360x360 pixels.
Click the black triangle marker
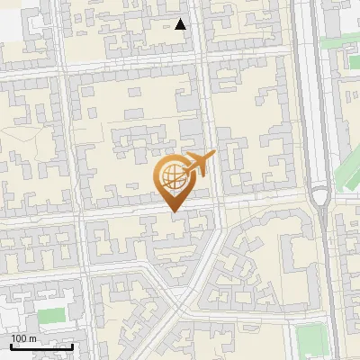point(181,24)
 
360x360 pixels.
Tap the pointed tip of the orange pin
point(175,211)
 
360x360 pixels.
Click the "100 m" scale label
point(24,337)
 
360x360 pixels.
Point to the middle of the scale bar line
point(41,346)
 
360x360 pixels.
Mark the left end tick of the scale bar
point(11,346)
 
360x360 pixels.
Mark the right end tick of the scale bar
point(72,346)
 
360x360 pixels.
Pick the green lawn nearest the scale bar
point(51,316)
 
